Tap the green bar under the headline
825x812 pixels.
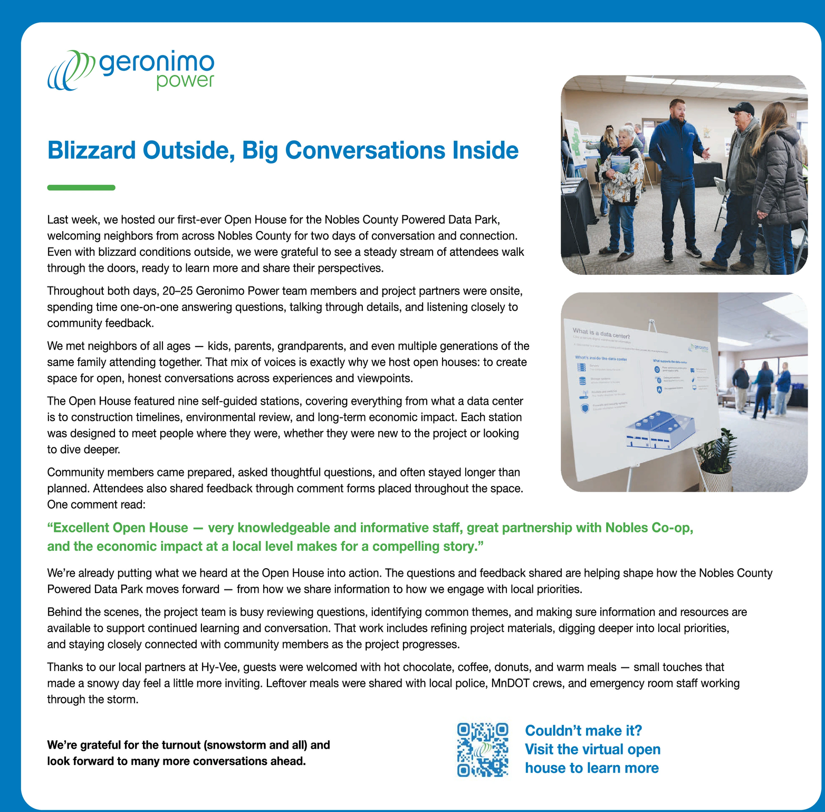tap(81, 187)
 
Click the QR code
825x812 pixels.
tap(483, 749)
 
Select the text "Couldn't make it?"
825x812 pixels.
tap(583, 731)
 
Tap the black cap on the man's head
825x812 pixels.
tap(742, 108)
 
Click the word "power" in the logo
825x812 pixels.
tap(185, 81)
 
